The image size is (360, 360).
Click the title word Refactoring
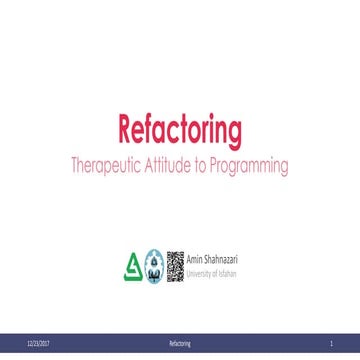(x=180, y=130)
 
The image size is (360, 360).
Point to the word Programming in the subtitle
(x=255, y=166)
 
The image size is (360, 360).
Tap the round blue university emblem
(x=153, y=264)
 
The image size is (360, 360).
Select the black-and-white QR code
(x=175, y=263)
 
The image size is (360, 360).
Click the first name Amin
(x=195, y=259)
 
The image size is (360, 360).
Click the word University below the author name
(x=200, y=269)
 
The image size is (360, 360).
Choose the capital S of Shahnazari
(x=207, y=259)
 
